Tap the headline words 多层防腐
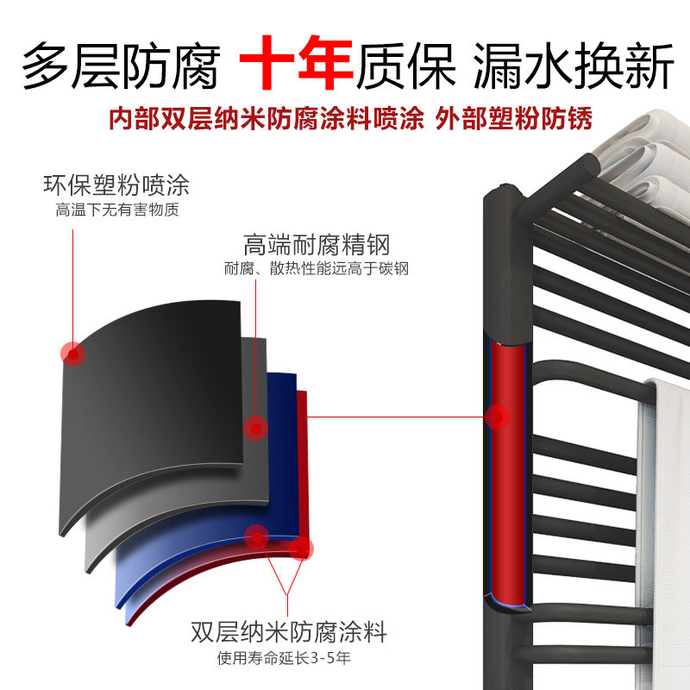pyautogui.click(x=121, y=67)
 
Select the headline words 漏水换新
pyautogui.click(x=573, y=67)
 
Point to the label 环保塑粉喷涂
pyautogui.click(x=116, y=185)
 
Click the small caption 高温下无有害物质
pyautogui.click(x=117, y=210)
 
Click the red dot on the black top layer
pyautogui.click(x=73, y=353)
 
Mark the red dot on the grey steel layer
pyautogui.click(x=254, y=427)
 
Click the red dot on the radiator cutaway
pyautogui.click(x=498, y=417)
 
